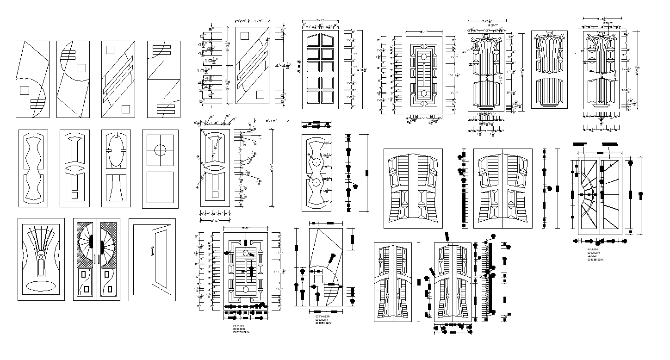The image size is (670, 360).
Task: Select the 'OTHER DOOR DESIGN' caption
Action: click(323, 320)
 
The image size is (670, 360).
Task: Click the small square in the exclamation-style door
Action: click(74, 195)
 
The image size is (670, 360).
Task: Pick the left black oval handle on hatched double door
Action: click(91, 242)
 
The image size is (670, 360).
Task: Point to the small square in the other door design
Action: click(318, 279)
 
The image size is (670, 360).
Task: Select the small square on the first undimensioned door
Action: click(24, 90)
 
